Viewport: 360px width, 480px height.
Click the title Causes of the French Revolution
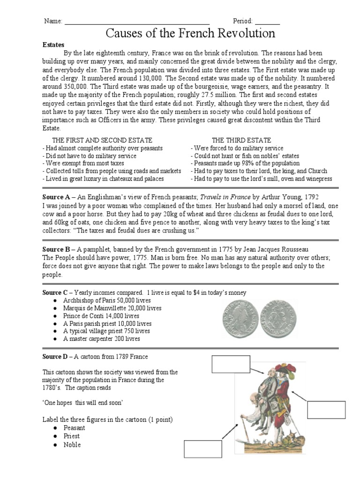[190, 33]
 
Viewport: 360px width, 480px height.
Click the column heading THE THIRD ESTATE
[241, 140]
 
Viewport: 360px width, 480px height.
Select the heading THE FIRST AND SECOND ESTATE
[102, 140]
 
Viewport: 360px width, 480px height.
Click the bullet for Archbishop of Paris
[55, 300]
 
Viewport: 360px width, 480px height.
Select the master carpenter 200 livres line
[101, 338]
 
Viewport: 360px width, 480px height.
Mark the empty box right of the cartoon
[326, 409]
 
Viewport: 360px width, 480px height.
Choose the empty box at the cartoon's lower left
[202, 449]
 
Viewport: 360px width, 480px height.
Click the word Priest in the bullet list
[71, 436]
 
